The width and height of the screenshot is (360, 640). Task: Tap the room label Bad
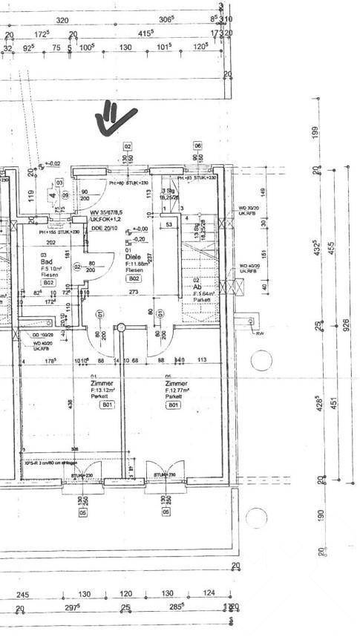coord(45,262)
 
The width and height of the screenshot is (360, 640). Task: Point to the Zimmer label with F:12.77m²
coord(175,384)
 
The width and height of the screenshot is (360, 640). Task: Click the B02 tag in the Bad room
coord(48,283)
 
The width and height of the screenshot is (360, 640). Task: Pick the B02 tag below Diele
coord(134,279)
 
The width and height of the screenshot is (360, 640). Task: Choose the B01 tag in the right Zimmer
coord(173,405)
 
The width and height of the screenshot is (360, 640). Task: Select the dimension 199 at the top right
coord(317,133)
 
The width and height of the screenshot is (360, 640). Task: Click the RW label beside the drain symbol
coord(260,333)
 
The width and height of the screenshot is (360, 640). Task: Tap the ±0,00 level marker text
coord(140,229)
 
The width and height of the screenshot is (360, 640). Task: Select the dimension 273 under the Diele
coord(134,293)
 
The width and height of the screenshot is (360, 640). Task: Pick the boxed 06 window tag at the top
coord(198,146)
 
